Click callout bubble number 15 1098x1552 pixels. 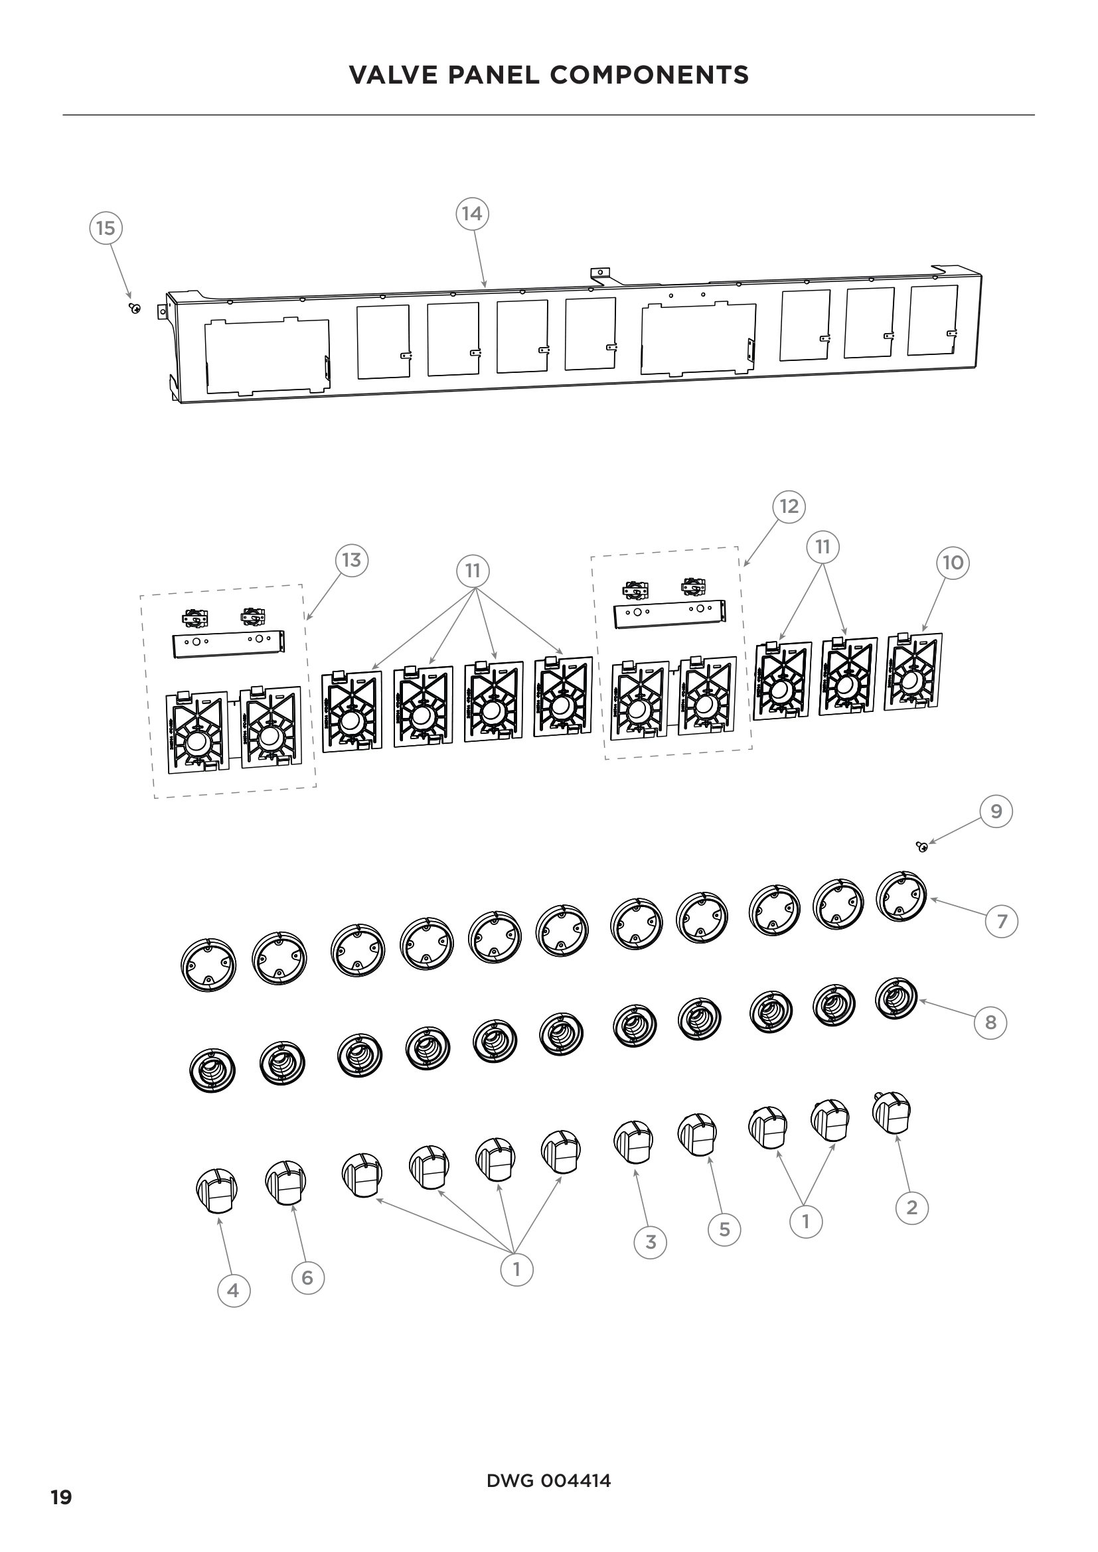[106, 228]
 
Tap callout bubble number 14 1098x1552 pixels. [471, 214]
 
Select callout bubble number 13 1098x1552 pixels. [352, 561]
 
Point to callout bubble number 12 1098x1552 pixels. [789, 506]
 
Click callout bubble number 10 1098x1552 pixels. [953, 563]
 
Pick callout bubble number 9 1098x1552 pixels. [996, 811]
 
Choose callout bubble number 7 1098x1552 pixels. [1002, 921]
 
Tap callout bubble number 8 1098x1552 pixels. [990, 1022]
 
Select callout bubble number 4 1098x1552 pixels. [232, 1291]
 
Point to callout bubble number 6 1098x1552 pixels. [307, 1277]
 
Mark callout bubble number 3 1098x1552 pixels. [651, 1241]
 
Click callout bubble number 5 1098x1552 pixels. [724, 1229]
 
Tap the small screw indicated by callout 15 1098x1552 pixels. [135, 309]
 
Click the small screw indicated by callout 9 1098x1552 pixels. [921, 846]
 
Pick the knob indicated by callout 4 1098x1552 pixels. [216, 1190]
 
